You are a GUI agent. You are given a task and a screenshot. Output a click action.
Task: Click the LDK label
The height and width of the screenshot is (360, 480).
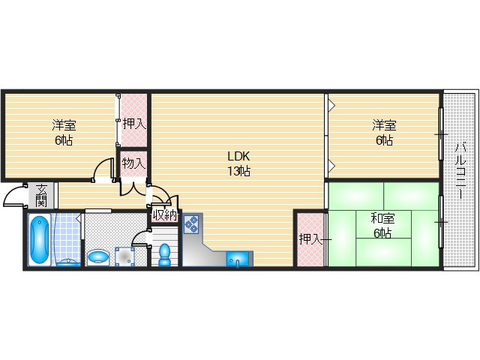tap(238, 156)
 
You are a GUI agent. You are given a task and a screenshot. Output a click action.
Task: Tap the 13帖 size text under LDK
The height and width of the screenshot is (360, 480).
tap(238, 171)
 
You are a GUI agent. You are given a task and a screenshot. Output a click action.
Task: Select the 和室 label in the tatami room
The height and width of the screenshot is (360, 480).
tap(382, 218)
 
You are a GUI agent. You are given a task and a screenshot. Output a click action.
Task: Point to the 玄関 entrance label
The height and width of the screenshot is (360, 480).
tap(41, 196)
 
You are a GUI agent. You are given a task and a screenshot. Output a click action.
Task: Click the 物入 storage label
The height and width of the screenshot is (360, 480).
tap(133, 163)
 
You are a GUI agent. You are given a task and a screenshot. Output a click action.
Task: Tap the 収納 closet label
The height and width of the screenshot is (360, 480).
tap(165, 215)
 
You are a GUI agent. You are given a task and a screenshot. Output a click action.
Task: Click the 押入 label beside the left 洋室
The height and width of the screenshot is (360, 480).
tap(134, 124)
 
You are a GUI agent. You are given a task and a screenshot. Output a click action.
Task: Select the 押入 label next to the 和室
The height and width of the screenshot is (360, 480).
tap(310, 239)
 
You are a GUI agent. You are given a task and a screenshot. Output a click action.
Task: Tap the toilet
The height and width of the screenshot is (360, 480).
tap(165, 255)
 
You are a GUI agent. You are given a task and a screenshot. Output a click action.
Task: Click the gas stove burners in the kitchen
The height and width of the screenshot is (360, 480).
tap(192, 224)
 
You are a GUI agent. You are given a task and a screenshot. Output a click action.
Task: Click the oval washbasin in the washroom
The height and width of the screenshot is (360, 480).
tap(98, 258)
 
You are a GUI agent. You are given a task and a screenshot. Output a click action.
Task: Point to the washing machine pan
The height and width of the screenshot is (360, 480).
tap(124, 256)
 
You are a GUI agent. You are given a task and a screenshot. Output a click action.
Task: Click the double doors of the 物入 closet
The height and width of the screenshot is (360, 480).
tap(133, 190)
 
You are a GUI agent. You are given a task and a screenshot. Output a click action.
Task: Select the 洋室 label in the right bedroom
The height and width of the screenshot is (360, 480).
tap(385, 125)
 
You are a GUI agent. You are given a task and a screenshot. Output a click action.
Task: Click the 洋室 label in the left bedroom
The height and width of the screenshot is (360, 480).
tap(64, 125)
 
